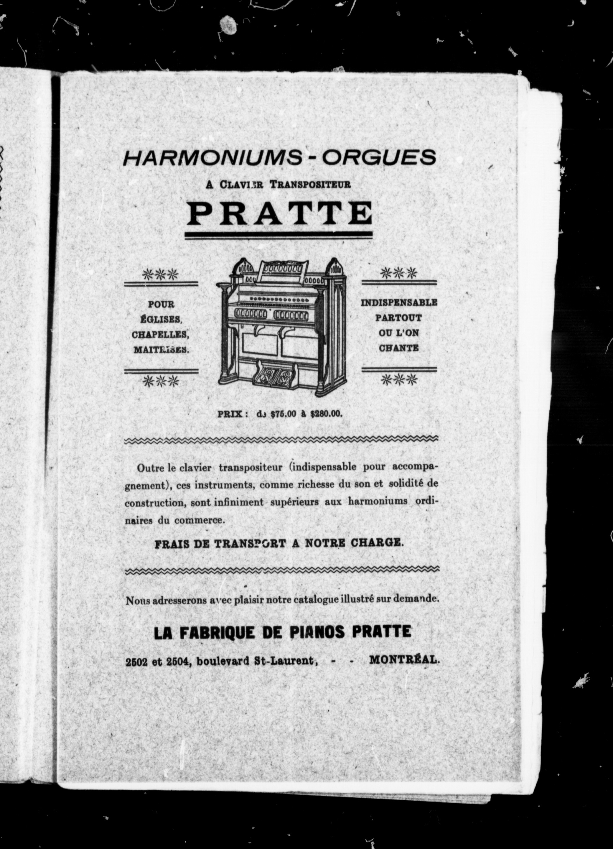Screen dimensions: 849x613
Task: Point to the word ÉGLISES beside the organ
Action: [x=161, y=320]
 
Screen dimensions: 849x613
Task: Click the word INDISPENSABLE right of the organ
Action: [x=399, y=302]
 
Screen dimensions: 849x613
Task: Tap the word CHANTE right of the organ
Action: [x=398, y=348]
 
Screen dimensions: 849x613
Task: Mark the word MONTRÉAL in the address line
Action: [x=404, y=660]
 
